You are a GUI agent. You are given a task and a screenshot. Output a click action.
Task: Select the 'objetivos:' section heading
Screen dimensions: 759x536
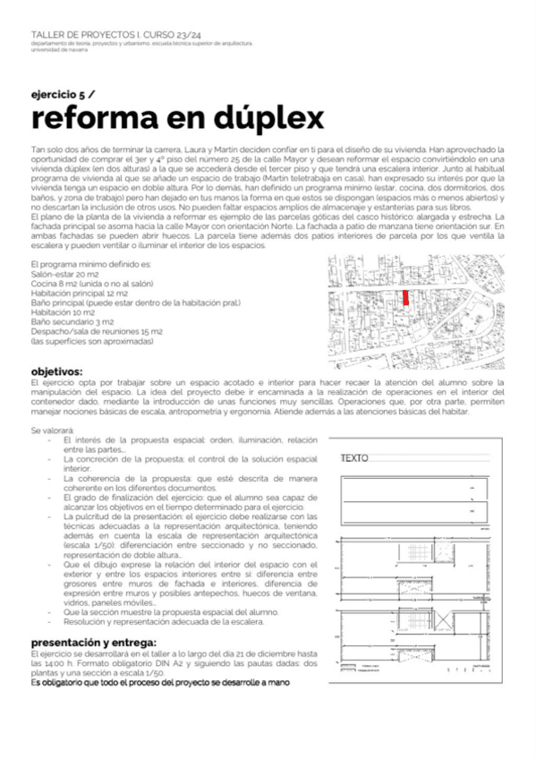coord(57,371)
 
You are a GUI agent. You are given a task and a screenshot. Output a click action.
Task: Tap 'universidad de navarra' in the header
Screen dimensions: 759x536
coord(62,50)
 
